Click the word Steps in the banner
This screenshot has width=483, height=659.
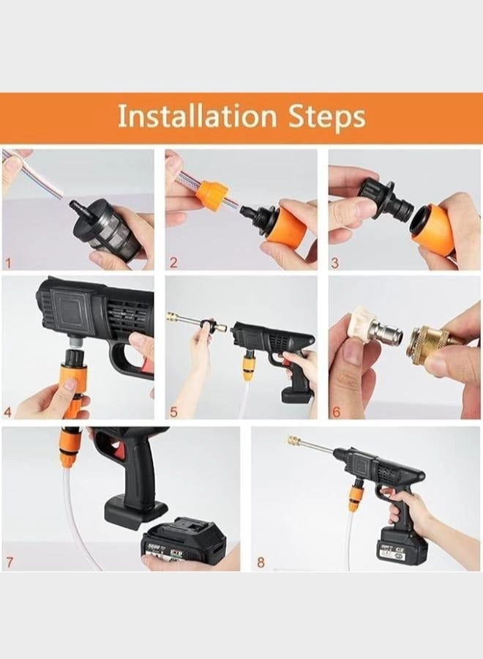[x=326, y=117]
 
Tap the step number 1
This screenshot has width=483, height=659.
[x=8, y=263]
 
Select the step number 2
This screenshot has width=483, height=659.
[x=173, y=263]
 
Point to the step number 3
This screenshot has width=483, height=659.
[x=335, y=263]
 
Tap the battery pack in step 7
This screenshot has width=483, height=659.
[x=183, y=545]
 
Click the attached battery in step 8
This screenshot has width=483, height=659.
[x=399, y=546]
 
